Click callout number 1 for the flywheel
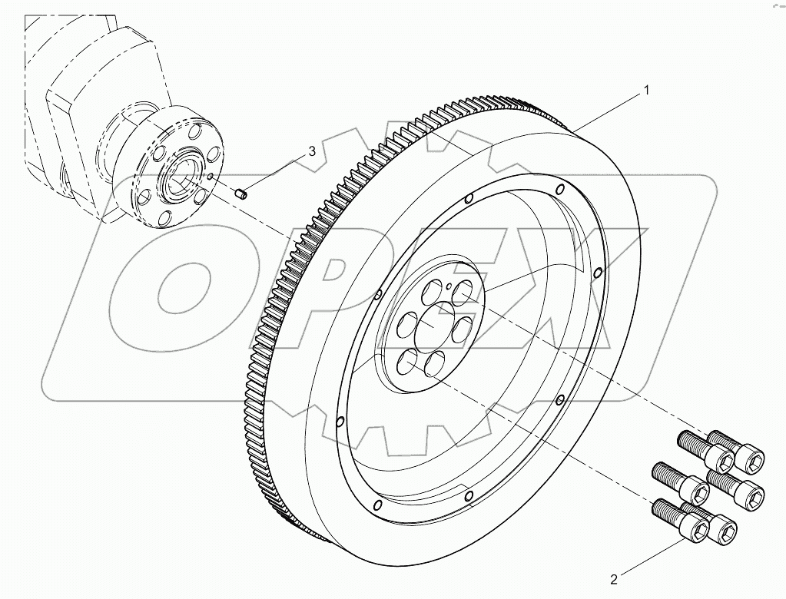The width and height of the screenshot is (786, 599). [x=646, y=91]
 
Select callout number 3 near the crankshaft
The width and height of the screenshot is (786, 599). [x=312, y=151]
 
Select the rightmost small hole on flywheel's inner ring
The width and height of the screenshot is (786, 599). [x=600, y=269]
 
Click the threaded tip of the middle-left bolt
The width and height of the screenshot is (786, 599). [x=657, y=469]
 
